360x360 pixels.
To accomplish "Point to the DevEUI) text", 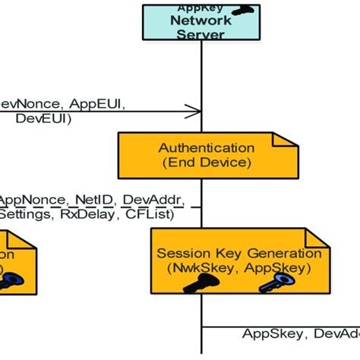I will pos(41,118).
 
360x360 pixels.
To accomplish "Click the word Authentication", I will pos(206,147).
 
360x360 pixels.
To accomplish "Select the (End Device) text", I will pos(206,163).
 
